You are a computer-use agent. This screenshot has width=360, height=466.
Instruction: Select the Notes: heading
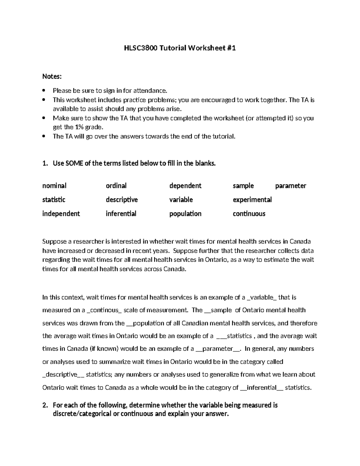coord(52,77)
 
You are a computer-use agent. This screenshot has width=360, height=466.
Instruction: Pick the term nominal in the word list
coord(54,186)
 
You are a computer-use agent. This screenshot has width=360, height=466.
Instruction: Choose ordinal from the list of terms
coord(116,186)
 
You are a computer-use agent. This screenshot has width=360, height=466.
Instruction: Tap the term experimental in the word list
coord(252,200)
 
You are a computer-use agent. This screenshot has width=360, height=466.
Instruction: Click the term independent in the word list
coord(61,214)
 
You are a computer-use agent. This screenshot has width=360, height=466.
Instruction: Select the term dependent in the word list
coord(185,186)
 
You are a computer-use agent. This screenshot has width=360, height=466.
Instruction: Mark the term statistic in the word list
coord(54,200)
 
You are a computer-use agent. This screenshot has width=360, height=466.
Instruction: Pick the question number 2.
coord(45,405)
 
